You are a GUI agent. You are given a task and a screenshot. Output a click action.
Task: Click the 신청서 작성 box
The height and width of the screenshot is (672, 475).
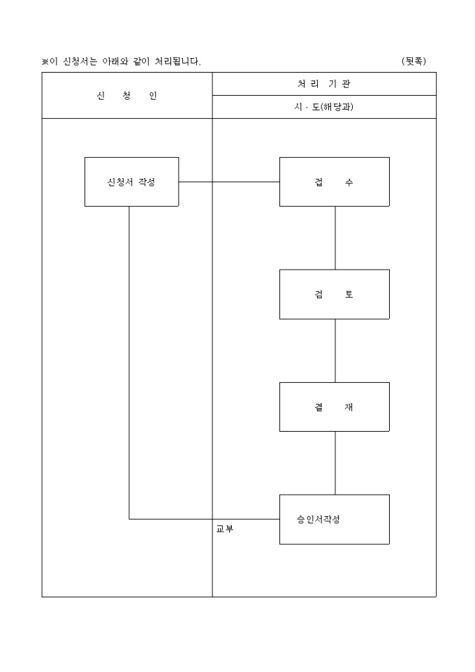pyautogui.click(x=131, y=182)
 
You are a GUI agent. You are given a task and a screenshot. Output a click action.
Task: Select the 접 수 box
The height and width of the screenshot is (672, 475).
pyautogui.click(x=334, y=182)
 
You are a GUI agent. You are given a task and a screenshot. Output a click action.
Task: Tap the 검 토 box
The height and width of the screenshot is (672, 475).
pyautogui.click(x=334, y=294)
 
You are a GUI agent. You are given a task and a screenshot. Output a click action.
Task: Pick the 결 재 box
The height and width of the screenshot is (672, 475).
pyautogui.click(x=334, y=407)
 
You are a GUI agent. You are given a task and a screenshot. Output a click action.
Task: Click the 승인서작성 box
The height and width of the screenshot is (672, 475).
pyautogui.click(x=334, y=519)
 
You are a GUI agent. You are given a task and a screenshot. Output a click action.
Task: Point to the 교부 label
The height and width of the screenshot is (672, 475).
pyautogui.click(x=225, y=529)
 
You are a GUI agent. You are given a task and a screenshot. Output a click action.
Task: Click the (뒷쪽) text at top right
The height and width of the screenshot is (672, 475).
pyautogui.click(x=414, y=61)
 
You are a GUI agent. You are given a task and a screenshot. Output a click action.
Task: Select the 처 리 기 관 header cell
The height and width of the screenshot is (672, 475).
pyautogui.click(x=323, y=84)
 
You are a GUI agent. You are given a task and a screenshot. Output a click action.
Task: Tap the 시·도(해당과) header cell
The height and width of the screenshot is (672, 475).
pyautogui.click(x=323, y=107)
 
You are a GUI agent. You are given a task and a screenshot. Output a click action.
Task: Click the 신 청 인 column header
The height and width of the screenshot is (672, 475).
pyautogui.click(x=127, y=96)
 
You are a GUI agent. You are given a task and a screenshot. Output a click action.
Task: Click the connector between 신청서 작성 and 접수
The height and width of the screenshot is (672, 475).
pyautogui.click(x=229, y=182)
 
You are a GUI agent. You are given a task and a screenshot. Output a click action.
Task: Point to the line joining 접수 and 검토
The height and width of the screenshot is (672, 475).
pyautogui.click(x=335, y=238)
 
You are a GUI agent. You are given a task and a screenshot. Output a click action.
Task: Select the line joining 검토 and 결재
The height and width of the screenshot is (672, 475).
pyautogui.click(x=335, y=350)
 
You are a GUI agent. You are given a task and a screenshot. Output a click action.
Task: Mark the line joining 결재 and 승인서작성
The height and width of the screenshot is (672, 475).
pyautogui.click(x=335, y=462)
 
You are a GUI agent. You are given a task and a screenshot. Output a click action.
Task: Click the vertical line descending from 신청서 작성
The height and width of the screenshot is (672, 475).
pyautogui.click(x=129, y=363)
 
